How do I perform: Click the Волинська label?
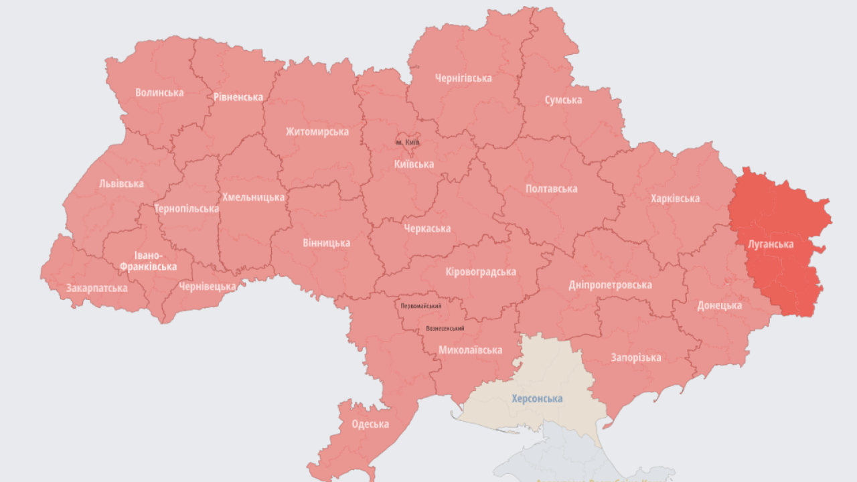(159, 92)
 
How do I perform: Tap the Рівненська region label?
(238, 97)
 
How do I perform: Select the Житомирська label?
(317, 132)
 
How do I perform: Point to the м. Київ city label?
(408, 143)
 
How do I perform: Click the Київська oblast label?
(413, 164)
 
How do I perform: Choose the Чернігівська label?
(463, 78)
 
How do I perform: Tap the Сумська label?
(563, 100)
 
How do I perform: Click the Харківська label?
(675, 198)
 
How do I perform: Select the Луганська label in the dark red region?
(771, 244)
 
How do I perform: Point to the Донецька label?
(719, 305)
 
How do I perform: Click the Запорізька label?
(635, 357)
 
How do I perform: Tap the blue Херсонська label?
(537, 398)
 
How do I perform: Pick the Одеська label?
(370, 424)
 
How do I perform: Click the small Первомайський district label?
(421, 306)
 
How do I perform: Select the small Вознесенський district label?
(445, 329)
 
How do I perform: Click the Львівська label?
(121, 183)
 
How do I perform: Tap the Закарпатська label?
(96, 288)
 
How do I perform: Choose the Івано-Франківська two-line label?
(149, 261)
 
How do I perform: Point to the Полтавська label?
(551, 189)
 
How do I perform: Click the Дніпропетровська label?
(610, 285)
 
